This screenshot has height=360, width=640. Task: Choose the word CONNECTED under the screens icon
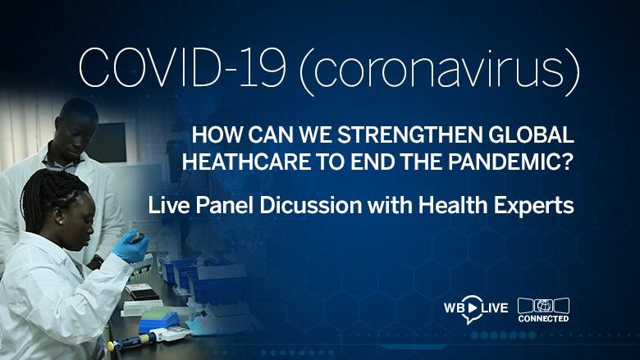point(544,318)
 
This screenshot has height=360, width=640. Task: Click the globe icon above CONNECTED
point(544,304)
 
